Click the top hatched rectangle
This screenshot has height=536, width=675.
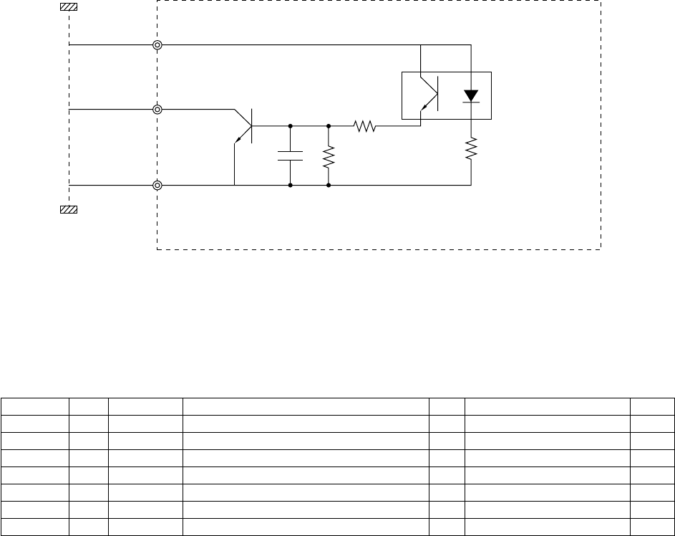tap(69, 6)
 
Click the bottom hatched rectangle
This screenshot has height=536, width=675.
tap(69, 209)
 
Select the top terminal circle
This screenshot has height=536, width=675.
tap(157, 45)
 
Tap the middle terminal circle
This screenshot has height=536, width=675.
tap(157, 110)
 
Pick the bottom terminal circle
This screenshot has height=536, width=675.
tap(157, 186)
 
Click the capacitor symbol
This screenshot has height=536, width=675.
tap(290, 156)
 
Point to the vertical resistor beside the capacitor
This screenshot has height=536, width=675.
tap(328, 157)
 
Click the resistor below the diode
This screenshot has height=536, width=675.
tap(471, 150)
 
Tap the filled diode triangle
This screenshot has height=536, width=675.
tap(471, 95)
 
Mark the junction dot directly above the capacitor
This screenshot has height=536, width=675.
tap(290, 126)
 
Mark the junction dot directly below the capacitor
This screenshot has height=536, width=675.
tap(290, 186)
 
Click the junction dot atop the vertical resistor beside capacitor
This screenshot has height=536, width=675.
tap(328, 126)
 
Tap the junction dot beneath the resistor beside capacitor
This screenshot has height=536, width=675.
tap(328, 186)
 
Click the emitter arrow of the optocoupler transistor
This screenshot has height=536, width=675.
tap(424, 107)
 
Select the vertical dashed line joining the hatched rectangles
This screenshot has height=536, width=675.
tap(69, 107)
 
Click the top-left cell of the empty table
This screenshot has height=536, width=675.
tap(34, 406)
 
